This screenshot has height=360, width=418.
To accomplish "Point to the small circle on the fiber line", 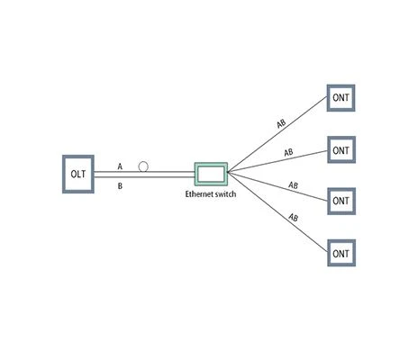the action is [x=143, y=166].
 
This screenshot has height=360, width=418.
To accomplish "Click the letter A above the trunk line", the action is [x=120, y=166].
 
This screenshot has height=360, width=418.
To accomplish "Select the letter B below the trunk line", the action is [x=120, y=186].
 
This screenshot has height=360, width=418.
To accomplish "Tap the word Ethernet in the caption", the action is [x=200, y=194].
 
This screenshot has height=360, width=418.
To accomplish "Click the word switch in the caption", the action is [x=226, y=194].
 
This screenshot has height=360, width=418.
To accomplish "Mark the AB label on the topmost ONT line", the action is [x=281, y=123].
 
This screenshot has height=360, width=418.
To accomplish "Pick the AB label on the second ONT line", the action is [x=288, y=152].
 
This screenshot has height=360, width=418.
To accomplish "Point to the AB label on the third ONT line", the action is [x=294, y=185].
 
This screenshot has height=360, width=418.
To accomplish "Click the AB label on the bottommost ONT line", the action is [x=294, y=217].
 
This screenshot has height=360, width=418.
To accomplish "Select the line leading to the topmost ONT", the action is [x=277, y=134].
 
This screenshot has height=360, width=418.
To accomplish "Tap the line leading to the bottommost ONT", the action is [x=277, y=211].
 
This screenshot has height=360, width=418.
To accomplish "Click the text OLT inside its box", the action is [x=78, y=174].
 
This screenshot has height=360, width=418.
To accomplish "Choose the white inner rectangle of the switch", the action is [x=211, y=174].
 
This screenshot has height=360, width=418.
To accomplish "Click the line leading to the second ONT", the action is [x=277, y=161].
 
